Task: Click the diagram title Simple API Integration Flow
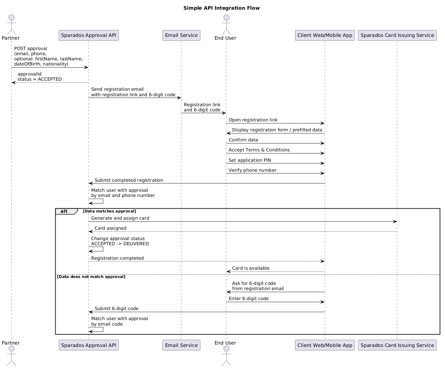(221, 8)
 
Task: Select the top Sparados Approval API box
(89, 35)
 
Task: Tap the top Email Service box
(181, 35)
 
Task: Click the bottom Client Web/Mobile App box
(325, 345)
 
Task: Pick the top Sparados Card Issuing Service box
(397, 35)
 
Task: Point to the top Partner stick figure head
(11, 18)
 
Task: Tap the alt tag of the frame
(64, 211)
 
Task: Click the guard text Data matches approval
(109, 211)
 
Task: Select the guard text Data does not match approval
(91, 277)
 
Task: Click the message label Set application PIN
(250, 160)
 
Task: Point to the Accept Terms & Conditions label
(259, 150)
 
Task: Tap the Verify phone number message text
(253, 170)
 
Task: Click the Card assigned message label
(111, 228)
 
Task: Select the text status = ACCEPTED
(40, 79)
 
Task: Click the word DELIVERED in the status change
(136, 244)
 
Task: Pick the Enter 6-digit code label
(249, 299)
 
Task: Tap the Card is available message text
(250, 268)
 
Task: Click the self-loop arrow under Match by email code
(103, 329)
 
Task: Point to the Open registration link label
(253, 120)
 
